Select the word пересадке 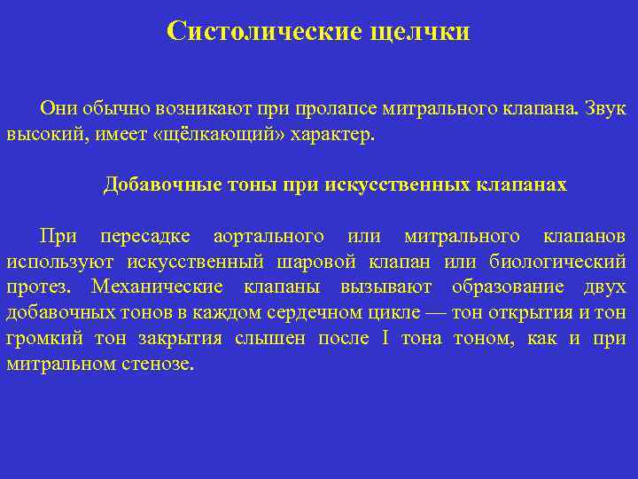point(144,237)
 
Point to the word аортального point(269,237)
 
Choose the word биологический point(572,263)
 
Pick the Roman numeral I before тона point(385,339)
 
